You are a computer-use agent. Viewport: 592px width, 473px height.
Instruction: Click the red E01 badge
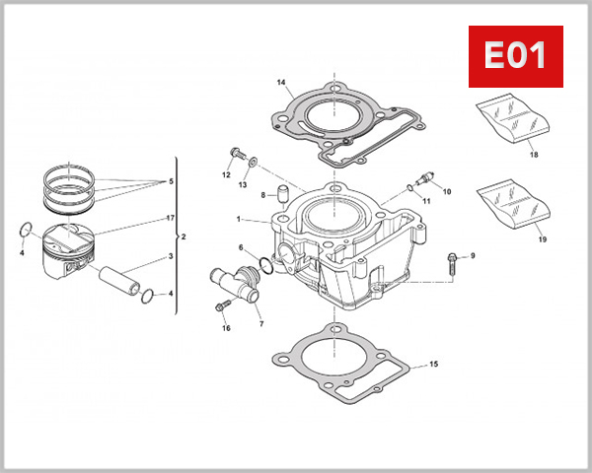(x=514, y=56)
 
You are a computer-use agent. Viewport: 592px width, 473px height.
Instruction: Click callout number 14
(x=281, y=82)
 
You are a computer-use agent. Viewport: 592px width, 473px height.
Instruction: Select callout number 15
(x=431, y=365)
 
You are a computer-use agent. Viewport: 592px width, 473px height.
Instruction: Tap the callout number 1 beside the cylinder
(x=239, y=218)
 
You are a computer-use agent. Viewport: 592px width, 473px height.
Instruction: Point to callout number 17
(x=171, y=218)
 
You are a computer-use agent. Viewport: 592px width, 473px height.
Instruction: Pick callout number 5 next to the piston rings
(x=171, y=182)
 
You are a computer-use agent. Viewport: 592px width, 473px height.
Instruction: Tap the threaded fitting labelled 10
(x=425, y=179)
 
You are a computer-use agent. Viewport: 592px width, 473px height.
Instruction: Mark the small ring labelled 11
(x=408, y=187)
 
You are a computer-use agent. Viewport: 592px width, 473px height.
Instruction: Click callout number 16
(x=226, y=328)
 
